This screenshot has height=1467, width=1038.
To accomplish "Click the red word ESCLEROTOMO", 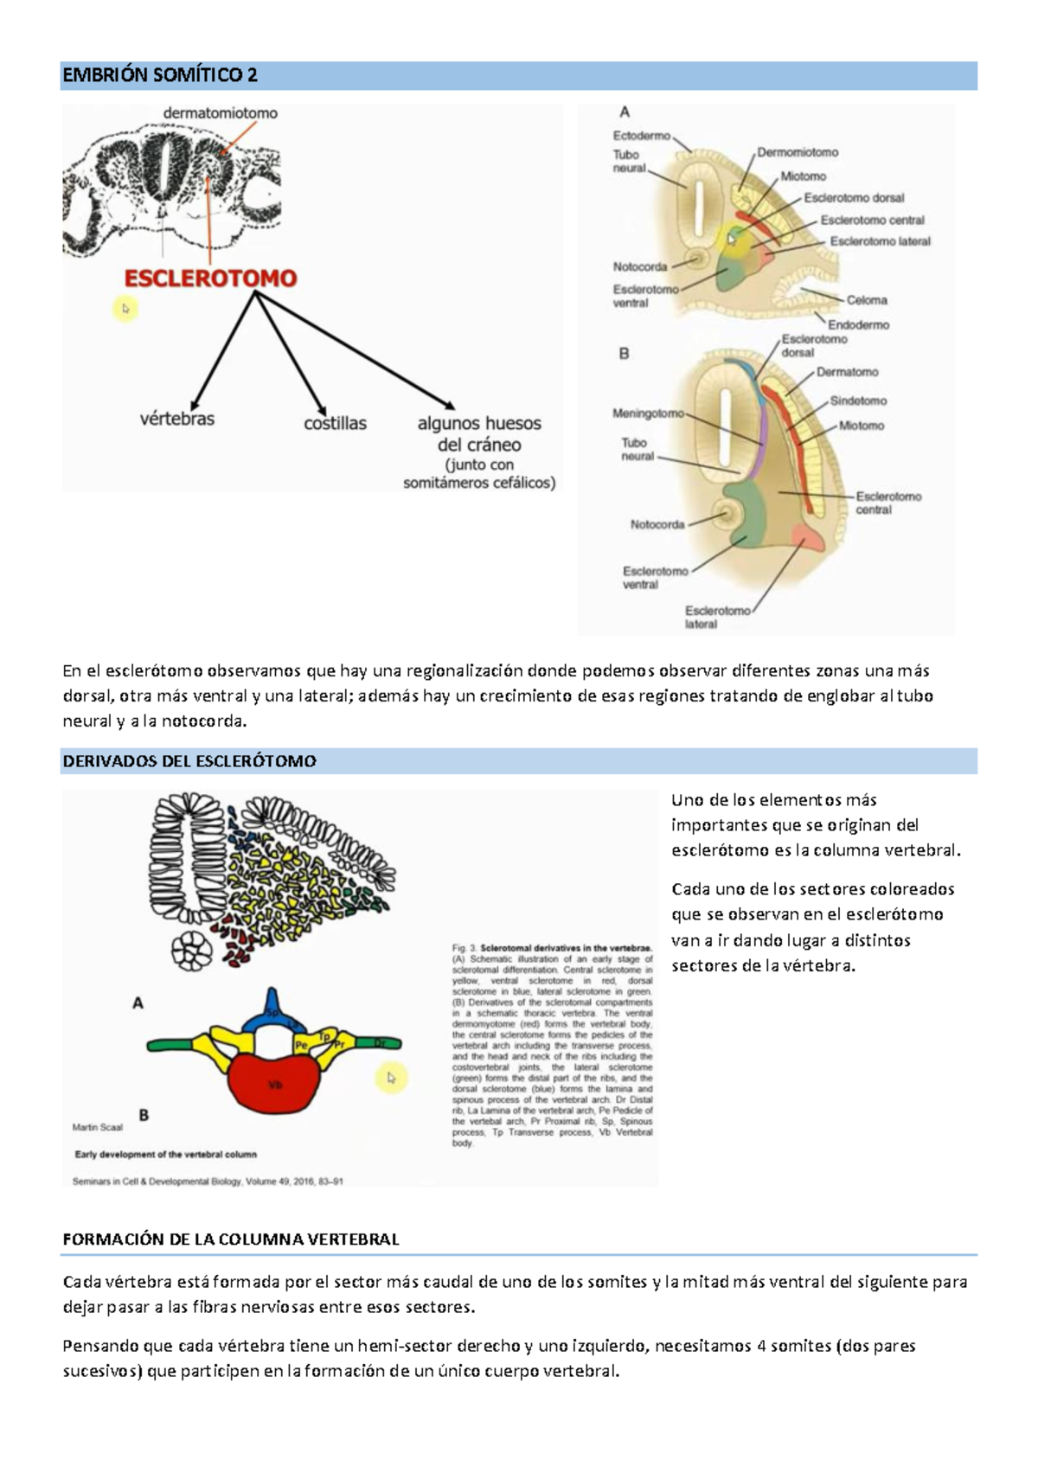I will click(x=210, y=279).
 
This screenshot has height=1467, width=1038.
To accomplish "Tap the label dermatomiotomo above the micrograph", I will click(x=221, y=113).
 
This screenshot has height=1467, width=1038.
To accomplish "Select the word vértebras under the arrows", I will click(x=177, y=420).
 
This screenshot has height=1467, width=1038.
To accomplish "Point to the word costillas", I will click(x=335, y=424).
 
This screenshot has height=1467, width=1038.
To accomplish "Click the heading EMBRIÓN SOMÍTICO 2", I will click(x=160, y=75).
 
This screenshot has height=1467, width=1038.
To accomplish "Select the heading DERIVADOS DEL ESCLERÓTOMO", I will click(x=189, y=762).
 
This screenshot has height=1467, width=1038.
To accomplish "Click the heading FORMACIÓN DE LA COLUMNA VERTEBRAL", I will click(x=231, y=1240).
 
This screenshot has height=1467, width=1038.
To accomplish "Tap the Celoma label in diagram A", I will click(x=867, y=300).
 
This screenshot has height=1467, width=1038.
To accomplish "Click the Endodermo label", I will click(x=858, y=325).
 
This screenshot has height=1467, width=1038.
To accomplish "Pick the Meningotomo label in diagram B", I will click(x=648, y=413).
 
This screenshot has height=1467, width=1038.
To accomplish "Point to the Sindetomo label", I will click(x=858, y=401).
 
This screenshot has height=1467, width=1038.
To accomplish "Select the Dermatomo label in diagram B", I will click(x=847, y=373).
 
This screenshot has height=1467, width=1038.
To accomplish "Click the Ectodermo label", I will click(x=641, y=136).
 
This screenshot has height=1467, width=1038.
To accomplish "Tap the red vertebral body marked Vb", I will click(x=274, y=1085).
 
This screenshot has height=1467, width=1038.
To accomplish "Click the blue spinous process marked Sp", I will click(x=272, y=1009).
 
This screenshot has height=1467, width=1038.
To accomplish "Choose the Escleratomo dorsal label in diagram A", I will click(x=854, y=198).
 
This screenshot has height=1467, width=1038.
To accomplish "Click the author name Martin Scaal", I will click(x=98, y=1127).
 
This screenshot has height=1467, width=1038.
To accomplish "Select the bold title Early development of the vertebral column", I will click(x=165, y=1154).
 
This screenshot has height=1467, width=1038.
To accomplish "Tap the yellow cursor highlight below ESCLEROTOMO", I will click(x=125, y=309).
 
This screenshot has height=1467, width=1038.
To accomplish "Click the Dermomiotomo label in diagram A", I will click(x=798, y=152).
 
